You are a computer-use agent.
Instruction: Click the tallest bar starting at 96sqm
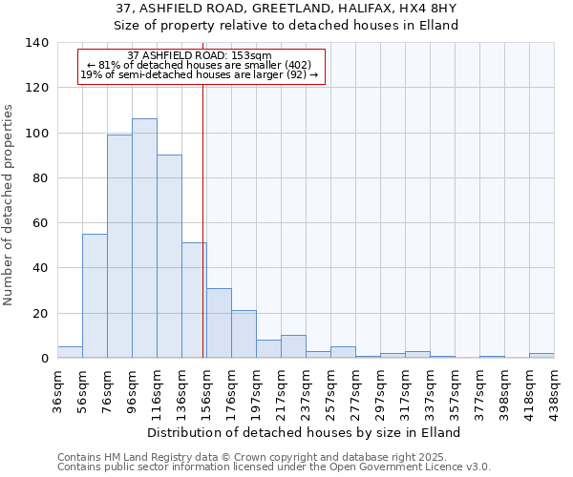pos(144,238)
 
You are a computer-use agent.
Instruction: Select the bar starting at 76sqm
pos(119,246)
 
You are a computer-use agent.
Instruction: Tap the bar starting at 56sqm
pos(95,296)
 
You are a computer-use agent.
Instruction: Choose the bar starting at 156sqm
pos(219,322)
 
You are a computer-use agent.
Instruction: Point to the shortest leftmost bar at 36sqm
pos(70,352)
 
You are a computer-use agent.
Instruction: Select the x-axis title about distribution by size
pos(305,432)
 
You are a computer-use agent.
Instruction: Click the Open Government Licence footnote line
pos(274,467)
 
